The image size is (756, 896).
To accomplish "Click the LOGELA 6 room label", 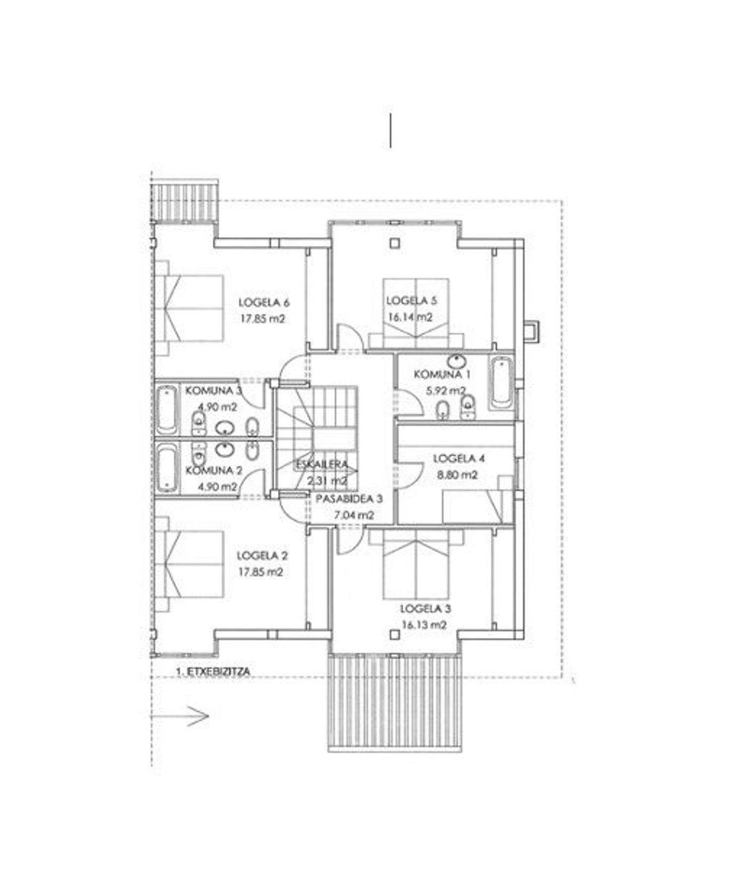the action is pyautogui.click(x=264, y=303).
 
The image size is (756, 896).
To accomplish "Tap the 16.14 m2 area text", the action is pyautogui.click(x=410, y=317).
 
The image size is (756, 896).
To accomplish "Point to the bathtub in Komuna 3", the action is pyautogui.click(x=166, y=409).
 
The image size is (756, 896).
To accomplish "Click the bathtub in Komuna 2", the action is pyautogui.click(x=166, y=468).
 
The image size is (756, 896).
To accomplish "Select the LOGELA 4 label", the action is pyautogui.click(x=459, y=458).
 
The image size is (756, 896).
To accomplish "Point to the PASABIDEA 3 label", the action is pyautogui.click(x=349, y=499).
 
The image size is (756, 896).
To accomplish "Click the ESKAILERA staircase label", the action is pyautogui.click(x=322, y=464).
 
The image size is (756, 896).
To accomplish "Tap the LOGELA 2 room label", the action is pyautogui.click(x=262, y=556).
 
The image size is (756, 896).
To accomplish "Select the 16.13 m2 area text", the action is pyautogui.click(x=424, y=625).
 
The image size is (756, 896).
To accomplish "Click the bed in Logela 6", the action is pyautogui.click(x=189, y=308).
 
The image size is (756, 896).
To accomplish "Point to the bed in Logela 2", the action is pyautogui.click(x=189, y=564).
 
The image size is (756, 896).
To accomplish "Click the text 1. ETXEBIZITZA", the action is pyautogui.click(x=213, y=671).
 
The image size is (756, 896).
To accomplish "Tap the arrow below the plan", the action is pyautogui.click(x=180, y=715).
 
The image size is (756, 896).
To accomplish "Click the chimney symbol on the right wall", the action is pyautogui.click(x=531, y=331).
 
